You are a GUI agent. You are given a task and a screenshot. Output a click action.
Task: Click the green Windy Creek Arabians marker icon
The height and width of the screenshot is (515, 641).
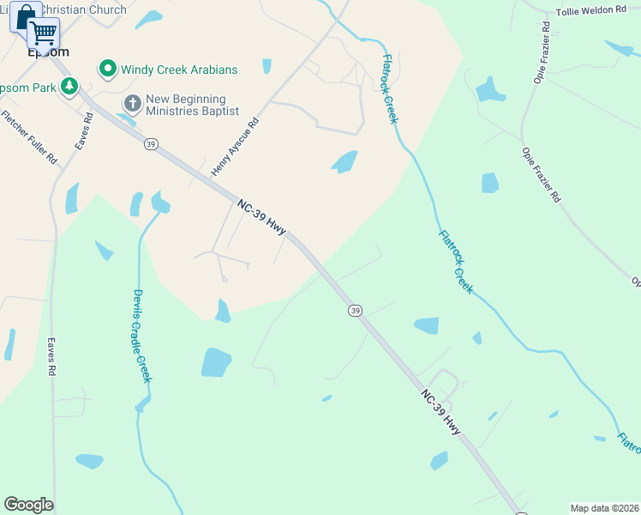[x=108, y=69]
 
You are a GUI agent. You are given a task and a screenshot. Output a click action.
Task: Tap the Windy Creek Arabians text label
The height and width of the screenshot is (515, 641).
[x=179, y=70]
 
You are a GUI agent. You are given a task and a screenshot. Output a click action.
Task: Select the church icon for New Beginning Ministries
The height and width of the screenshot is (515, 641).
[x=132, y=105]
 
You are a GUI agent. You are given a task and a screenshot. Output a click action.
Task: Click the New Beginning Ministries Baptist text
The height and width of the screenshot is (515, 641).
[x=185, y=106]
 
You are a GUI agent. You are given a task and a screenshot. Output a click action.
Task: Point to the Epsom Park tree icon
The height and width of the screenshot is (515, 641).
[x=69, y=87]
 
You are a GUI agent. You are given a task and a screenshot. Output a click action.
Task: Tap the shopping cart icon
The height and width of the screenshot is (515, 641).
[x=43, y=33]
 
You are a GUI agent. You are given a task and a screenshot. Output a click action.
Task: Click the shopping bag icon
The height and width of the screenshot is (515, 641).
[x=25, y=16]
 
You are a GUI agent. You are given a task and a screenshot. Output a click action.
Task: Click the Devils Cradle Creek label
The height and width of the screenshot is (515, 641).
[x=141, y=336]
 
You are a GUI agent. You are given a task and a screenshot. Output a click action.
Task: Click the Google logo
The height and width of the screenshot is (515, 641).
[x=28, y=505]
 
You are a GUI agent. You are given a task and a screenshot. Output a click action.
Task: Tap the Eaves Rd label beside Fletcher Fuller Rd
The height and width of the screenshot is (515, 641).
[x=83, y=131]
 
